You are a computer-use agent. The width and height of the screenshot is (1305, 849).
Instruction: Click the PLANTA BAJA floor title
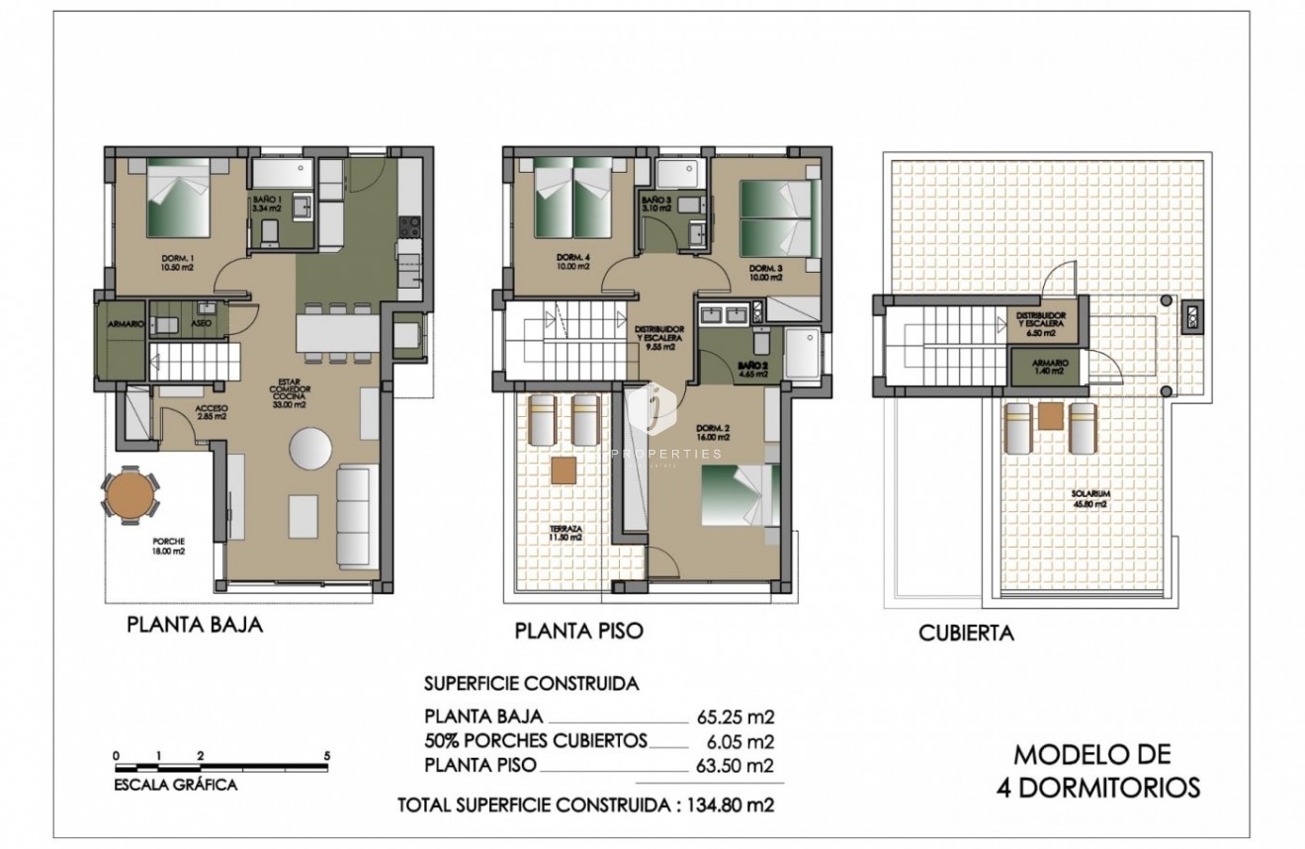pyautogui.click(x=194, y=626)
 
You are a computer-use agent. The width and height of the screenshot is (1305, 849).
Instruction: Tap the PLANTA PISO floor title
pyautogui.click(x=578, y=631)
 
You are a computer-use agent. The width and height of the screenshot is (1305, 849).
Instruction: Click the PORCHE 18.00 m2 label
pyautogui.click(x=168, y=547)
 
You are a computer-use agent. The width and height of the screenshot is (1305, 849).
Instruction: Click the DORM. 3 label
pyautogui.click(x=765, y=273)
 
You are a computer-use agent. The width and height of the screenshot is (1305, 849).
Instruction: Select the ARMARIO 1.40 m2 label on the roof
pyautogui.click(x=1050, y=366)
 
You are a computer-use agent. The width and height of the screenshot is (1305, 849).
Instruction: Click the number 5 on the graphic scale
pyautogui.click(x=326, y=756)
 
